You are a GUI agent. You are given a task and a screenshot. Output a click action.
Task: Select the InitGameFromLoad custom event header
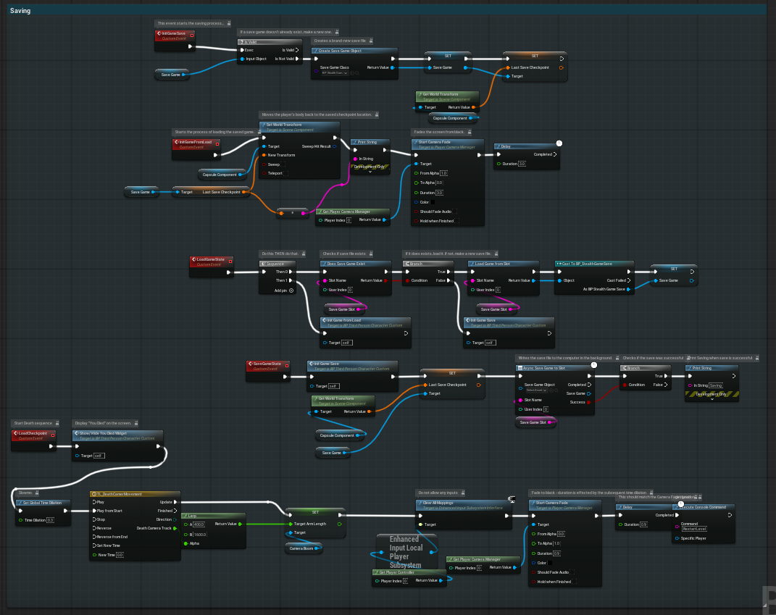pos(196,142)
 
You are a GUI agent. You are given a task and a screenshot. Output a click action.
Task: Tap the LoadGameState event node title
pos(210,259)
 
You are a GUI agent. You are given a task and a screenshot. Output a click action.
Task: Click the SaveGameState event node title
pos(267,364)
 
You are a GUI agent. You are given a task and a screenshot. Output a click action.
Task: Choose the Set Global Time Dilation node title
pos(43,502)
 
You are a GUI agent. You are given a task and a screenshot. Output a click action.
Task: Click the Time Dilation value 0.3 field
pos(50,520)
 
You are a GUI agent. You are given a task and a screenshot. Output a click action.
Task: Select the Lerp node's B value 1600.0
pos(199,534)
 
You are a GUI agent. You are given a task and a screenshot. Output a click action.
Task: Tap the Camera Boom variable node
pos(304,548)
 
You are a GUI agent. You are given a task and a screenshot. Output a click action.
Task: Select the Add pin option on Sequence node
pos(284,290)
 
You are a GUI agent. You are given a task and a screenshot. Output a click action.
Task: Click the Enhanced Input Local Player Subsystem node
pos(406,551)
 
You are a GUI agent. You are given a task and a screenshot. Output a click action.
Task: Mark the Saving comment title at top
pos(20,11)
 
